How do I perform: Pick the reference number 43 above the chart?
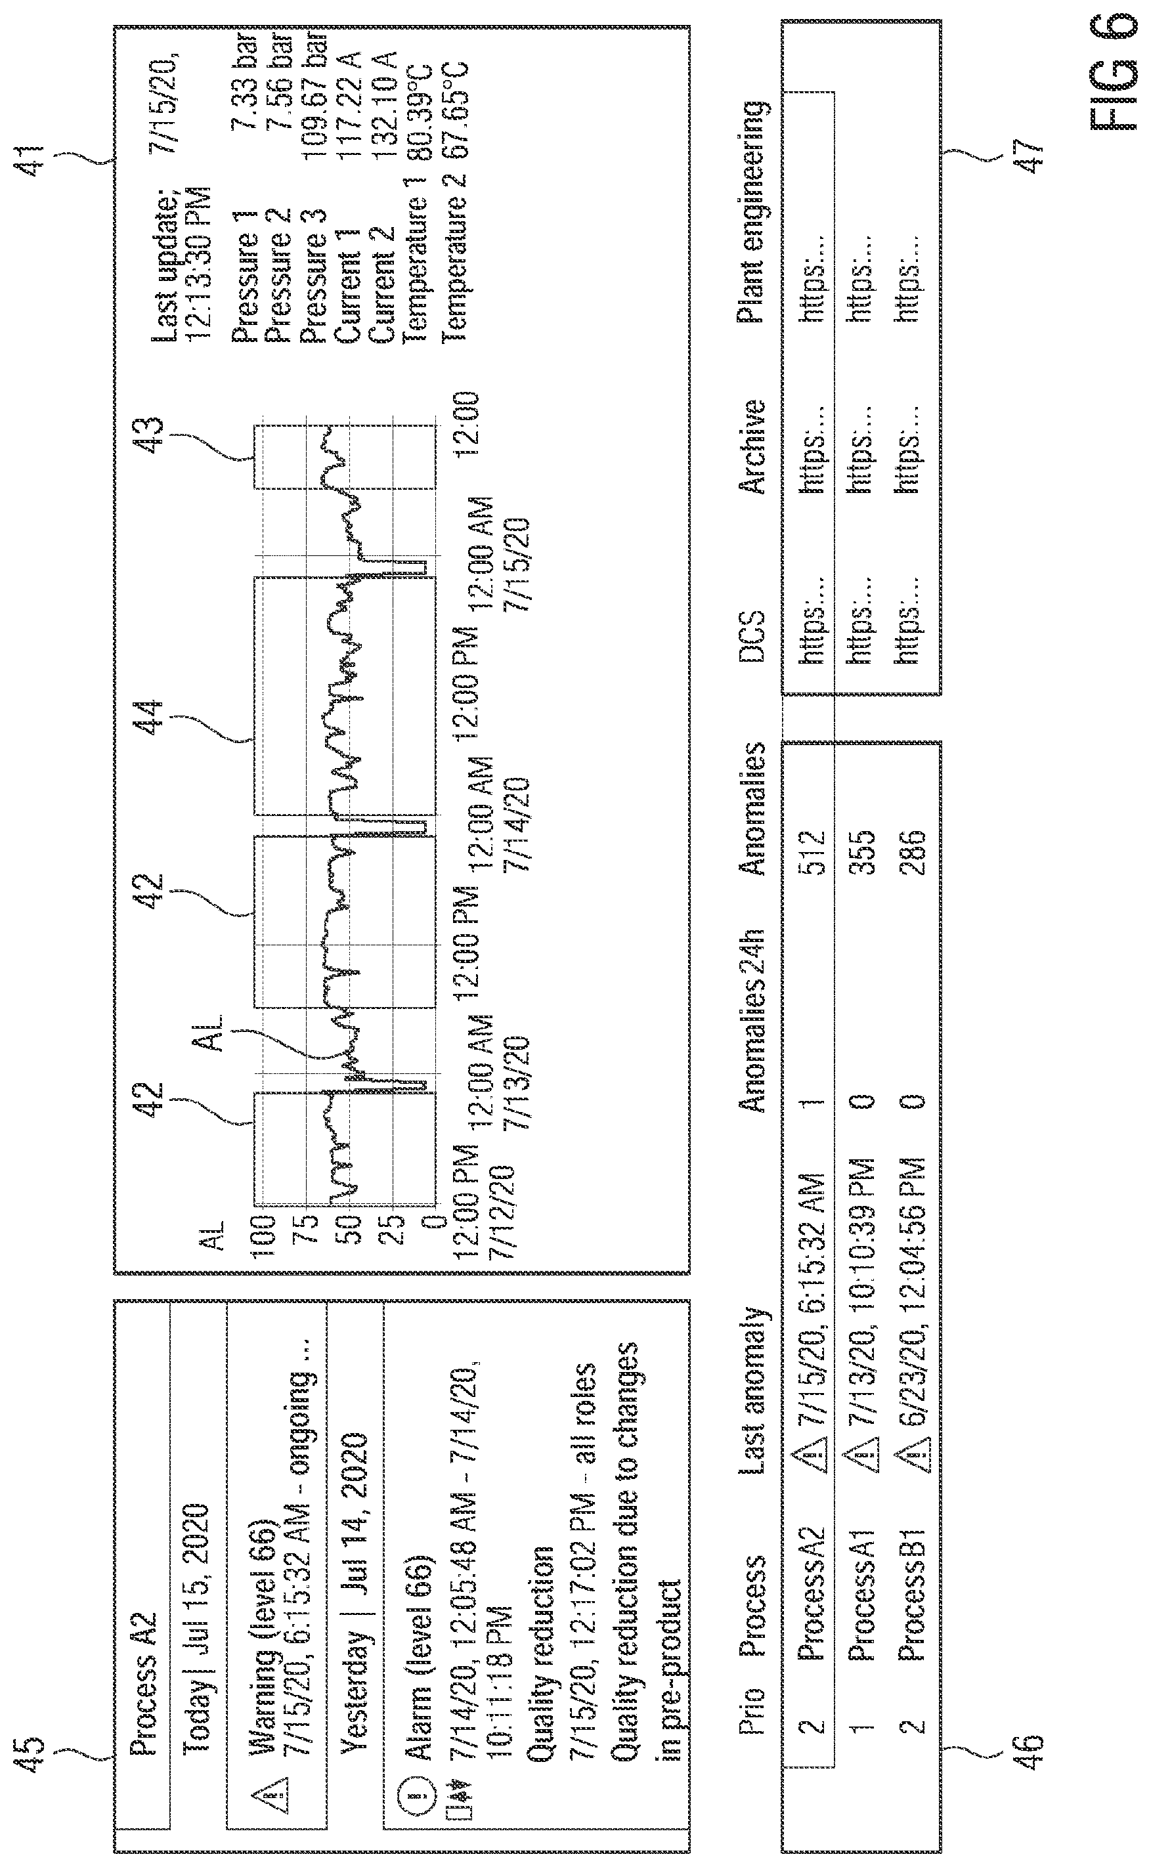coord(151,435)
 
